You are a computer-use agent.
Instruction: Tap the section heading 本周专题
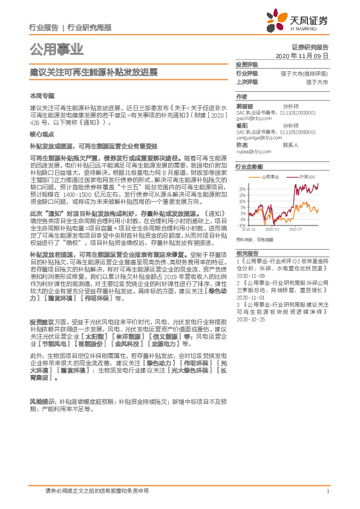coord(42,96)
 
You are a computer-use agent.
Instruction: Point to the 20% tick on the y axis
coord(241,189)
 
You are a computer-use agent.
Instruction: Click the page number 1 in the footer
coord(327,491)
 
